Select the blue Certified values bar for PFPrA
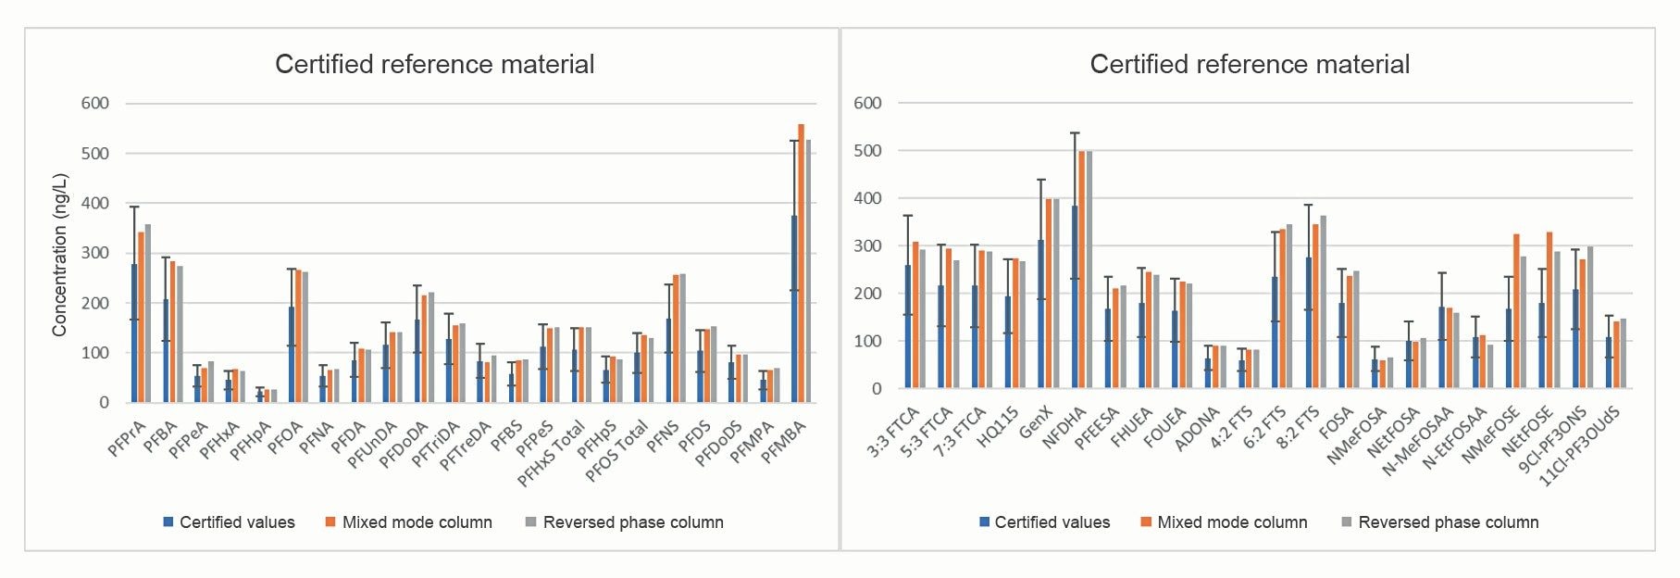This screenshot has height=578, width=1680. pyautogui.click(x=134, y=333)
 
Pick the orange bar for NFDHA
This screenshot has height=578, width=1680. pyautogui.click(x=1081, y=270)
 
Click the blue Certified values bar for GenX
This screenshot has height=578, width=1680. pyautogui.click(x=1040, y=315)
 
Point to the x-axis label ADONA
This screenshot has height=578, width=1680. pyautogui.click(x=1197, y=430)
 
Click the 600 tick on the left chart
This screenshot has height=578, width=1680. pyautogui.click(x=95, y=104)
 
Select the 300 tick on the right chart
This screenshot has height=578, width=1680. pyautogui.click(x=867, y=246)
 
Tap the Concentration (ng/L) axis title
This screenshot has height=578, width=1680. pyautogui.click(x=60, y=255)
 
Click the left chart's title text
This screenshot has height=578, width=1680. pyautogui.click(x=434, y=65)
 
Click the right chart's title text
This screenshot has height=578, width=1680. pyautogui.click(x=1250, y=65)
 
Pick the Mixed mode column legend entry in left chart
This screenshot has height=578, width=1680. pyautogui.click(x=417, y=522)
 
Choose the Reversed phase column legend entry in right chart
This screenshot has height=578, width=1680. pyautogui.click(x=1448, y=522)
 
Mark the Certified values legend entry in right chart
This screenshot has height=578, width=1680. pyautogui.click(x=1052, y=522)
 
